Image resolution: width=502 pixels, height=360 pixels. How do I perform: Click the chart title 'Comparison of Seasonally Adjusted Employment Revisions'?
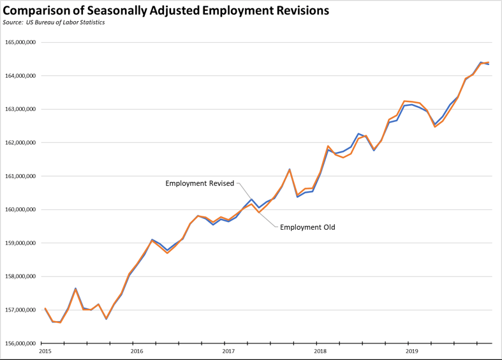(x=166, y=10)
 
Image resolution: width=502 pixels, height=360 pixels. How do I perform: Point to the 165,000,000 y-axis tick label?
(x=20, y=43)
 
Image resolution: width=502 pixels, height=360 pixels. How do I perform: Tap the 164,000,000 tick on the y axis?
(x=20, y=76)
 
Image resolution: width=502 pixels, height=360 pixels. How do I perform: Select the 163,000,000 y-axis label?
(x=20, y=109)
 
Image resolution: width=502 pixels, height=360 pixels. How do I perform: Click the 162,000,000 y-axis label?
(x=20, y=143)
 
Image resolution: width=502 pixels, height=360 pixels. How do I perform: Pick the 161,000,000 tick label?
(x=20, y=176)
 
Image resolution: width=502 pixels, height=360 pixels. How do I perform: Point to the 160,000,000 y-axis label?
(x=20, y=210)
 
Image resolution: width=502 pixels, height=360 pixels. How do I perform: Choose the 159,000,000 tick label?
(x=20, y=243)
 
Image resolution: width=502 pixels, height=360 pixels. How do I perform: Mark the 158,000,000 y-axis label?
(x=20, y=277)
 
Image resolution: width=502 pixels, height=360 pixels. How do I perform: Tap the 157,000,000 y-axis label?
(x=20, y=310)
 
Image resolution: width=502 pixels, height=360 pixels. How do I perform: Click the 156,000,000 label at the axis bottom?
(x=20, y=343)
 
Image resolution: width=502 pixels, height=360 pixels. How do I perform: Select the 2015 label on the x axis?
(x=45, y=351)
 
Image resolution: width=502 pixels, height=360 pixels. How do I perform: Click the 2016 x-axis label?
(x=137, y=351)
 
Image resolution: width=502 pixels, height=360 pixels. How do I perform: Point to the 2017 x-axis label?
(x=228, y=351)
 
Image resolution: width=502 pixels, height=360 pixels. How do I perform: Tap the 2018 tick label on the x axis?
(x=320, y=351)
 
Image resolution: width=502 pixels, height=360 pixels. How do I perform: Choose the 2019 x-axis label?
(x=412, y=351)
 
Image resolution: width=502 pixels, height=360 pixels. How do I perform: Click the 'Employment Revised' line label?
(x=200, y=184)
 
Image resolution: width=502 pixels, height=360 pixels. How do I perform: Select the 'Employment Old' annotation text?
(x=307, y=227)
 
